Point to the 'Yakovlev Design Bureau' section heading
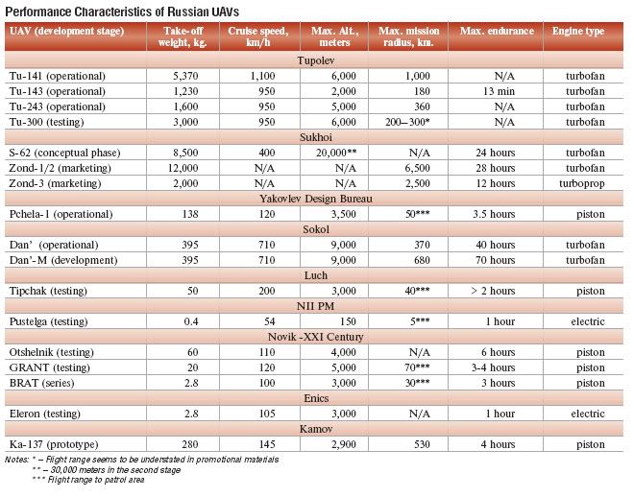[317, 199]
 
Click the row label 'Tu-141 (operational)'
[58, 76]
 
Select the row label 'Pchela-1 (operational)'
[63, 214]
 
